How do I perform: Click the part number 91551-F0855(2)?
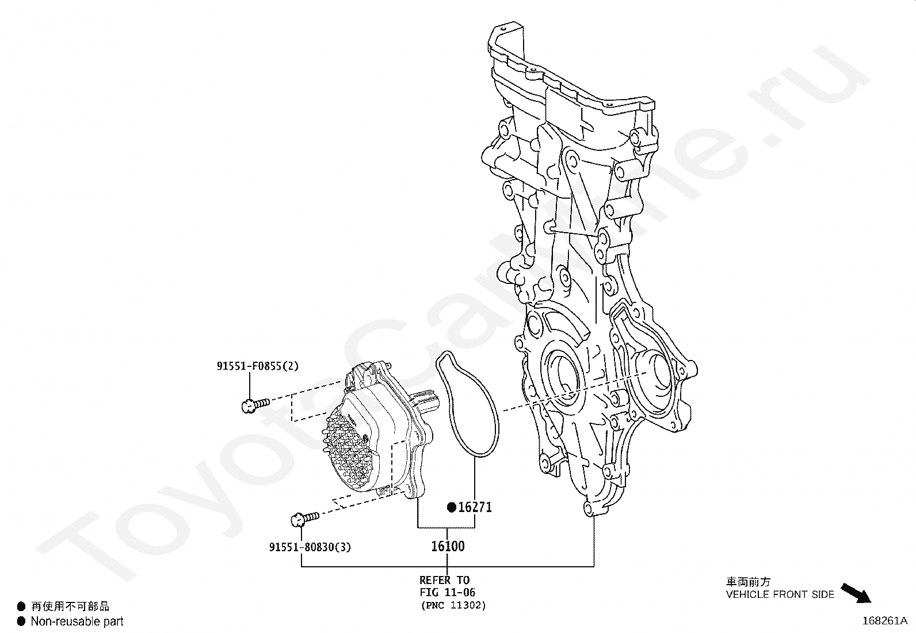[x=257, y=366]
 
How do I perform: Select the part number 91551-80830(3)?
[x=310, y=547]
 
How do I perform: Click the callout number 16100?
[x=448, y=545]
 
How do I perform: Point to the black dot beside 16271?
[x=452, y=507]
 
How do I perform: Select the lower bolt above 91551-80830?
[x=304, y=519]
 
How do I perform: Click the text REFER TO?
[x=444, y=580]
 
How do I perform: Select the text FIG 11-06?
[x=447, y=592]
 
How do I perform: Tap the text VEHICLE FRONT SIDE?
[x=780, y=594]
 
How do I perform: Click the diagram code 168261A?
[x=884, y=621]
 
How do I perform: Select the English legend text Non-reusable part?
[x=77, y=621]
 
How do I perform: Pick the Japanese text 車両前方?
[x=748, y=582]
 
